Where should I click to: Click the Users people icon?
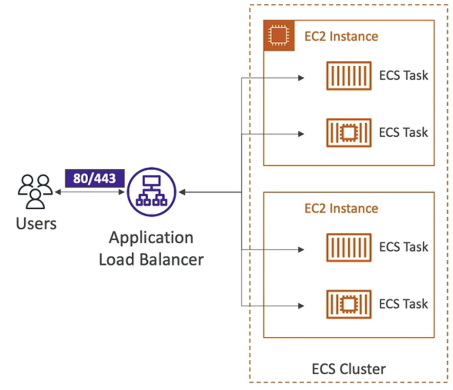(35, 192)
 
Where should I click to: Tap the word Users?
(37, 224)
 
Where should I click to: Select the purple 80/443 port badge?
(95, 178)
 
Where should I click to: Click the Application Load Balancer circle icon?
(152, 192)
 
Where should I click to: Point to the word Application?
(151, 238)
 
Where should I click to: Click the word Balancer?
(172, 260)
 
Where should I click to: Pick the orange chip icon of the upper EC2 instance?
(279, 36)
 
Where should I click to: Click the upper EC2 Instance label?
(341, 37)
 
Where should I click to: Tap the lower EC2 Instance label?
(341, 208)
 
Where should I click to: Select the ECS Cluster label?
(349, 369)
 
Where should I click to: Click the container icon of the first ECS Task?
(349, 76)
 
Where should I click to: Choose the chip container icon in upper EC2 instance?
(349, 133)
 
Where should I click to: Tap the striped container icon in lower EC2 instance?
(349, 247)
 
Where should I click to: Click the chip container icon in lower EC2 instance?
(349, 304)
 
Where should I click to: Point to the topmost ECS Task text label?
(403, 75)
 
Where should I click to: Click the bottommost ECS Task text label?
(403, 304)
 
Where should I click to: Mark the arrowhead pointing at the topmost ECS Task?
(301, 78)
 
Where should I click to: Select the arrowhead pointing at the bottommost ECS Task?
(301, 306)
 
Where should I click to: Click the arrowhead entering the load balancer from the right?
(182, 192)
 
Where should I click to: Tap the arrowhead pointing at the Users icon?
(58, 192)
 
